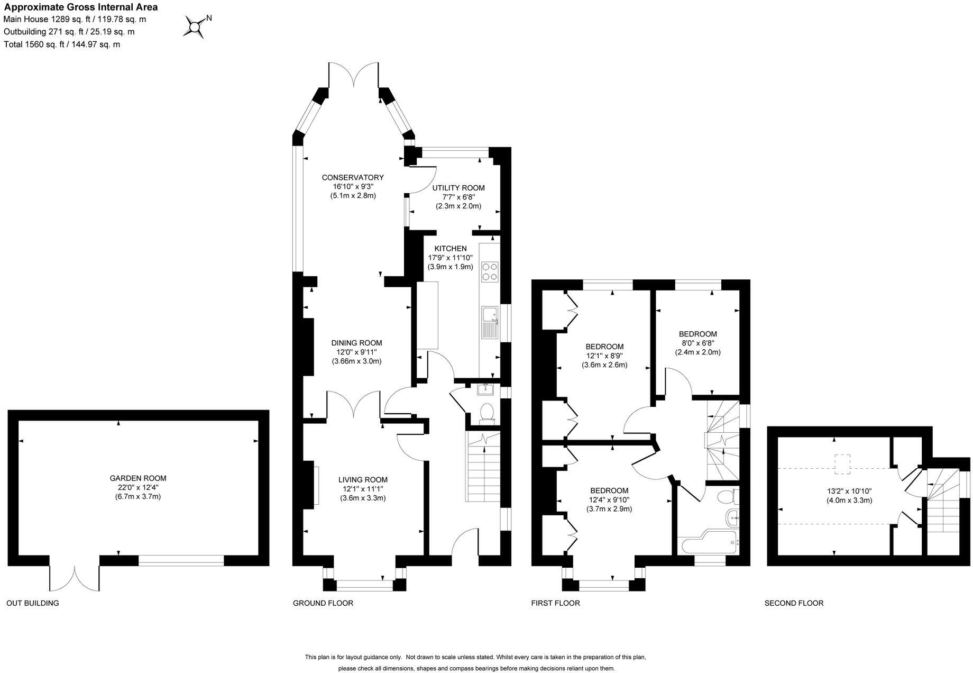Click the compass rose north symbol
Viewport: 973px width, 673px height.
(196, 26)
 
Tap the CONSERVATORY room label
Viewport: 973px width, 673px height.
(352, 178)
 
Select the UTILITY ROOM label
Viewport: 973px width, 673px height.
(458, 188)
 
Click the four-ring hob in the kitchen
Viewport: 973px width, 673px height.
(490, 271)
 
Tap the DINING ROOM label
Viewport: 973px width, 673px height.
(356, 343)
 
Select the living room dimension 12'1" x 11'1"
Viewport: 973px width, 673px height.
(363, 489)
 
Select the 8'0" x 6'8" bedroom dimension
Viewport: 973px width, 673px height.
(697, 343)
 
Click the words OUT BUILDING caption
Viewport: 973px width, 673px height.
(32, 603)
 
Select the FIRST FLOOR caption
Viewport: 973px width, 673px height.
(555, 603)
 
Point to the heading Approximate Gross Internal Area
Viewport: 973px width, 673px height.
(81, 7)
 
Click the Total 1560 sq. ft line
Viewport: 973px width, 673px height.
(62, 44)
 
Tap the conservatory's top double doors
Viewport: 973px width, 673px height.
(353, 74)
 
